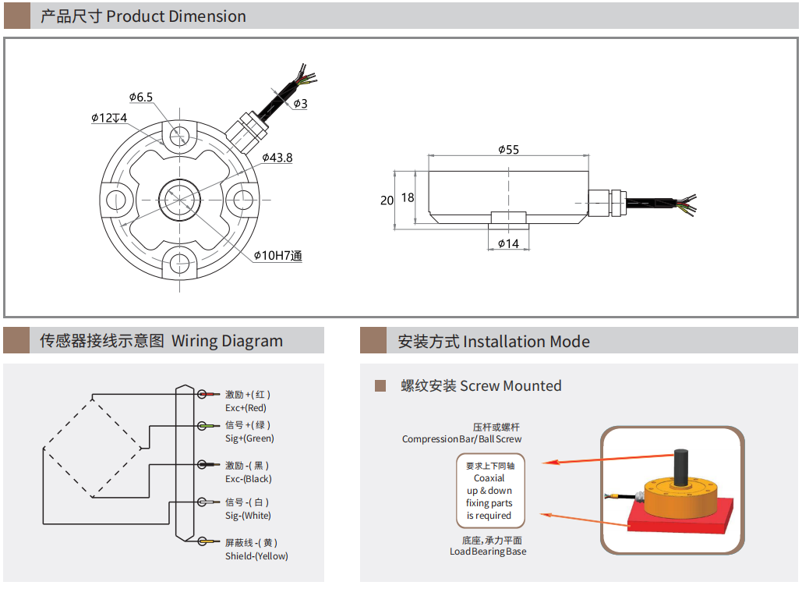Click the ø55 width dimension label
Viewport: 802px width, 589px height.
tap(507, 149)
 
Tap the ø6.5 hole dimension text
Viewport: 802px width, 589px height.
tap(141, 98)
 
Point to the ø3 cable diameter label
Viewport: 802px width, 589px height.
tap(301, 104)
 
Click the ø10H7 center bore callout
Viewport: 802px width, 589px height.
tap(277, 256)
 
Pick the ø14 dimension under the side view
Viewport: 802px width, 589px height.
tap(508, 244)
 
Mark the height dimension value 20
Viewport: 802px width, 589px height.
tap(387, 200)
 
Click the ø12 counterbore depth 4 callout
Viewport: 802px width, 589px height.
tap(109, 118)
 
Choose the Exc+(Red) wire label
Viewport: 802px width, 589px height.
tap(246, 408)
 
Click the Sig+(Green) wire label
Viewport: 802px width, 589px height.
tap(249, 438)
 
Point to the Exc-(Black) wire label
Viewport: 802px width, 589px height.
tap(248, 479)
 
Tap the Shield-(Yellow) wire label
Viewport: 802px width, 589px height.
tap(256, 556)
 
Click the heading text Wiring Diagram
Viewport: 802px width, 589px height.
tap(227, 341)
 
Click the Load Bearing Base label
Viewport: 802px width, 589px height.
tap(488, 552)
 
